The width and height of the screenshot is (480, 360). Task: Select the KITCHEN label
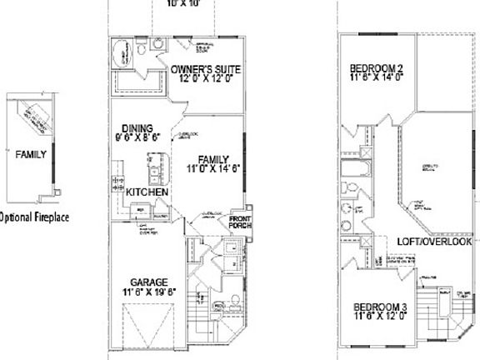(147, 192)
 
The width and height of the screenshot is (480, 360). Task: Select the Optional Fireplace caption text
(33, 217)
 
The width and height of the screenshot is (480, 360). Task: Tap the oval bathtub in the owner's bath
(124, 58)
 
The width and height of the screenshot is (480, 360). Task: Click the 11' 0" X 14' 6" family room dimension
(214, 168)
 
